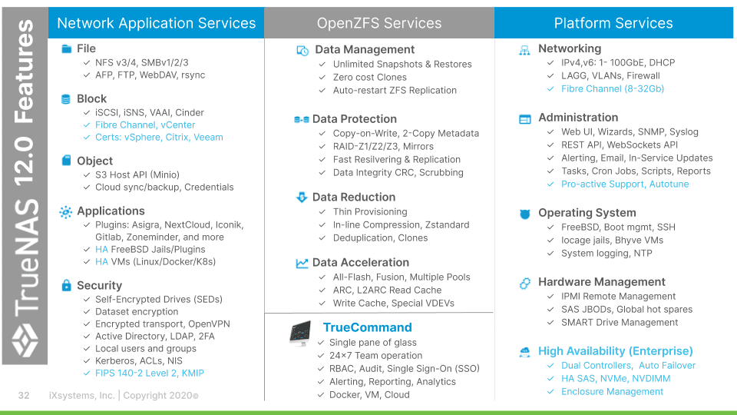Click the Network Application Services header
156,23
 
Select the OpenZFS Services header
378,23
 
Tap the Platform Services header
613,23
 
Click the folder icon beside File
66,48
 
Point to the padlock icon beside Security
66,285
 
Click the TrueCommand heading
367,327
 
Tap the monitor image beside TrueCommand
300,334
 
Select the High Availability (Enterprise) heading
615,351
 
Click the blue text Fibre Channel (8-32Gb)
613,89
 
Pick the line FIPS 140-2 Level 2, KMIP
150,373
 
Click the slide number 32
24,395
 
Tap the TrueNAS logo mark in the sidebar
25,340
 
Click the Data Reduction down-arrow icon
302,198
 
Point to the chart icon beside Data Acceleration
302,263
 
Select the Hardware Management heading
602,282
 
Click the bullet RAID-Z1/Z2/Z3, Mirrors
383,146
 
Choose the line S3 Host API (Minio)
137,174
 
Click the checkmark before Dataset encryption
87,311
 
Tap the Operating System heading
587,213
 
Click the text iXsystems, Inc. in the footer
82,395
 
